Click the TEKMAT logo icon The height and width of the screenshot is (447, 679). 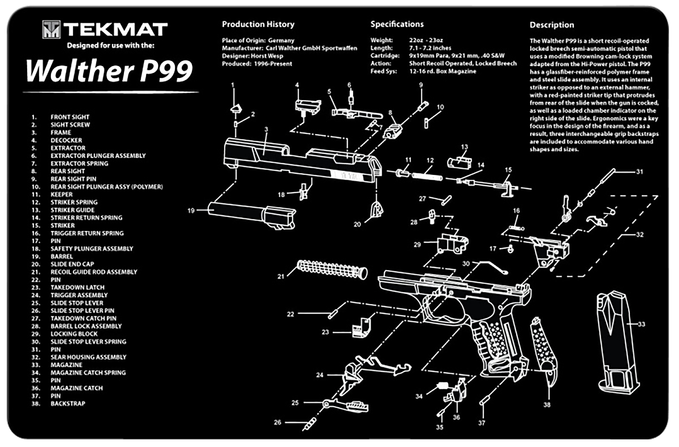52,29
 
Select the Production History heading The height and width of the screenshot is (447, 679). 258,24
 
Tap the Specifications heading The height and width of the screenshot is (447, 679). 397,24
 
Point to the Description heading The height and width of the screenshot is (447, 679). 552,25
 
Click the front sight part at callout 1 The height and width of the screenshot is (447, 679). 236,109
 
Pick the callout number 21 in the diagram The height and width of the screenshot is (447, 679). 281,277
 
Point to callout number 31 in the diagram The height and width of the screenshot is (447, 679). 640,172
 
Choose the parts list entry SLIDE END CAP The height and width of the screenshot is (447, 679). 72,264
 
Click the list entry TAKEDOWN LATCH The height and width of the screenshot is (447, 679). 78,287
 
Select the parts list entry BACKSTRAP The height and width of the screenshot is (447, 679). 68,403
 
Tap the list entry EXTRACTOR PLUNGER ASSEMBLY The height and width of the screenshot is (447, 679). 98,156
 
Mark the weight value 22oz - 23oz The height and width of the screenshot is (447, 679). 426,40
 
